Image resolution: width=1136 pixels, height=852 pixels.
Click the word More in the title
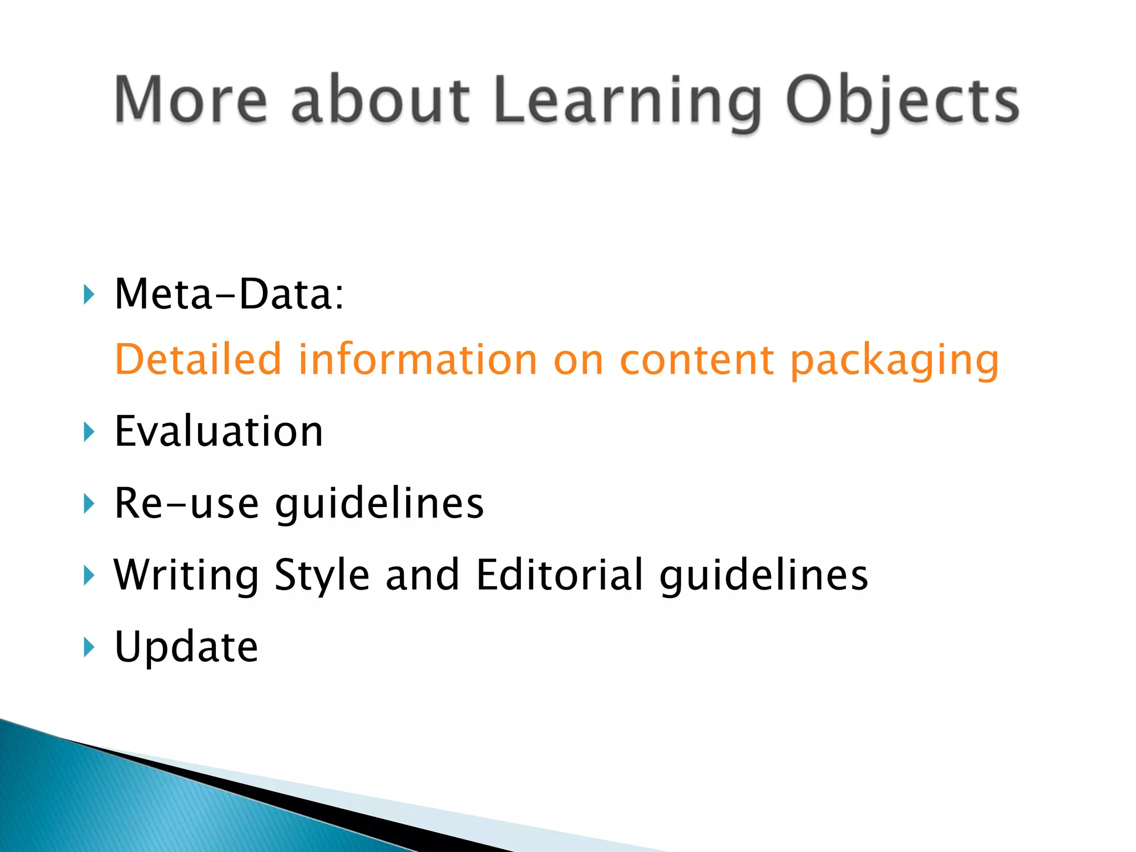click(x=190, y=100)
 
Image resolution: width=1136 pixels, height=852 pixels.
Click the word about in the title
click(x=381, y=100)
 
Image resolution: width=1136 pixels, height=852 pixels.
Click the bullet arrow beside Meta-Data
click(x=88, y=294)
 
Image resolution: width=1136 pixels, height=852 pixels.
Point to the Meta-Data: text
click(x=229, y=294)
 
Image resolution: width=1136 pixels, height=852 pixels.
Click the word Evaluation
click(x=219, y=432)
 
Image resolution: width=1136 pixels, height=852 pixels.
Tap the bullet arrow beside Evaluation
click(x=88, y=432)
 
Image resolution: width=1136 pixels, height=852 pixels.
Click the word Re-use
click(x=186, y=503)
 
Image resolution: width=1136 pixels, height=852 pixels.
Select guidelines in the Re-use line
click(x=379, y=505)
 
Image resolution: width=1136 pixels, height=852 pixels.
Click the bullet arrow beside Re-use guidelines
click(x=88, y=504)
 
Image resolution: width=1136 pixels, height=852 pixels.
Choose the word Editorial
click(x=559, y=575)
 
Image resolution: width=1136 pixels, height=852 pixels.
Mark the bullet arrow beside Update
click(x=88, y=647)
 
